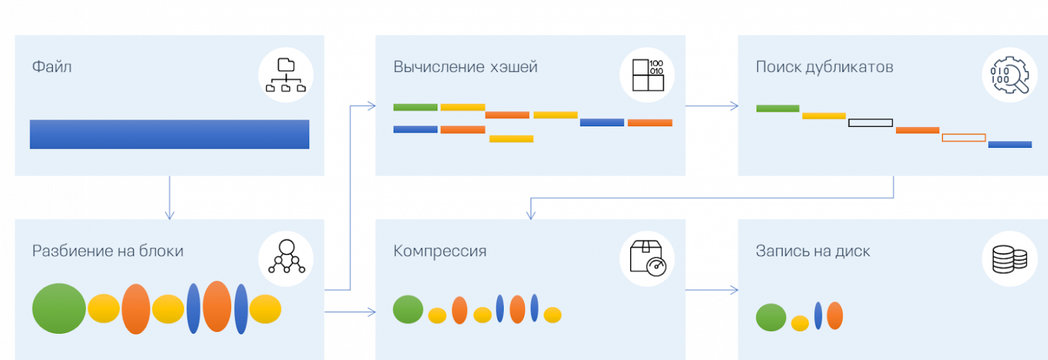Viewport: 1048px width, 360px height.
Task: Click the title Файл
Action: [52, 67]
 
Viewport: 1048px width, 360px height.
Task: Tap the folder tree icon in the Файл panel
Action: [286, 75]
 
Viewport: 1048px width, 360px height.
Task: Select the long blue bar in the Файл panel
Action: [169, 134]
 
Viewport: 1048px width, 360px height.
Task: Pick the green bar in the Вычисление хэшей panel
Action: [415, 107]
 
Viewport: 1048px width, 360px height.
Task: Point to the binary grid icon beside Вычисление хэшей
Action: [648, 75]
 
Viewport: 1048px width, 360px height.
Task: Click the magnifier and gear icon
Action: [1010, 75]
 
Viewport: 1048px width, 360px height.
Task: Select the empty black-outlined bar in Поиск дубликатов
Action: [871, 123]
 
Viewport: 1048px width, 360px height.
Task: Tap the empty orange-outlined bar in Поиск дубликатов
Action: [963, 138]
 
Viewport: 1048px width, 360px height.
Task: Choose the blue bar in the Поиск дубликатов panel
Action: [1010, 144]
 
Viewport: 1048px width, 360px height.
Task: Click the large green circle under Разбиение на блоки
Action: [59, 309]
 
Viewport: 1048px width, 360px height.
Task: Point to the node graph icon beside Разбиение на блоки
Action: [286, 258]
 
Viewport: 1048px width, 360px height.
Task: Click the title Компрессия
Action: [440, 251]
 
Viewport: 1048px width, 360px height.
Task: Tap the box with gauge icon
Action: [648, 258]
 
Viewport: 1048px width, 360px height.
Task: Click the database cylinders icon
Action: [1010, 258]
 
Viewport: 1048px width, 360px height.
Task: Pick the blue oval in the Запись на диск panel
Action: [818, 316]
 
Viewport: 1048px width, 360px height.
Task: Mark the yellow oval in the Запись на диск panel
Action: [799, 323]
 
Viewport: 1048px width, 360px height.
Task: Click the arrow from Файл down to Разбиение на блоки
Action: [169, 198]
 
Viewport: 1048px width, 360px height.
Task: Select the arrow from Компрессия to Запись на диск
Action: [711, 290]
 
